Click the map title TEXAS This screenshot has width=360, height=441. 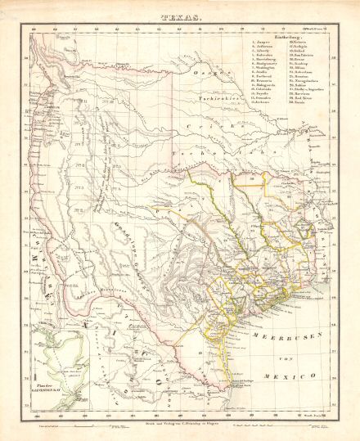[181, 15]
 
